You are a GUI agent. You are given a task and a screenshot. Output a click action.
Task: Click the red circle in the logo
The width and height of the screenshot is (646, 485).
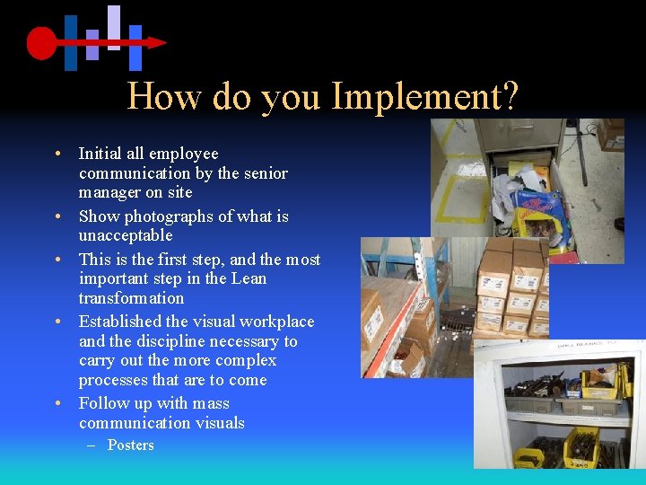tap(41, 42)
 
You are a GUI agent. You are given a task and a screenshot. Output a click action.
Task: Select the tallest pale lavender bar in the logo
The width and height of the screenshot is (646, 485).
tap(113, 27)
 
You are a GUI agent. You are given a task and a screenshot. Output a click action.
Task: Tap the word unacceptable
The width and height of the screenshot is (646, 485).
tap(126, 235)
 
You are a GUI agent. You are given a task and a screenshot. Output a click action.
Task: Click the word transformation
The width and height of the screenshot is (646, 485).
tap(131, 298)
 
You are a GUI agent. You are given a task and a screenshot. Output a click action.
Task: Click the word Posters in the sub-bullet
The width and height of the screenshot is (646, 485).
tap(131, 445)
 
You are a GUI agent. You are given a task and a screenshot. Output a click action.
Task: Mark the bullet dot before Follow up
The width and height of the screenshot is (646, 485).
tap(56, 404)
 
